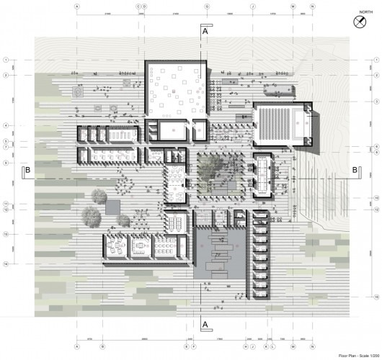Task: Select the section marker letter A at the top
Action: tap(205, 32)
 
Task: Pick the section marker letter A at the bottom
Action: tap(205, 325)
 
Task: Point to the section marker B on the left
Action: tap(27, 170)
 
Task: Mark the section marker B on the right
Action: tap(355, 170)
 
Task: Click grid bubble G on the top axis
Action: tap(207, 6)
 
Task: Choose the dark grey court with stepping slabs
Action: tap(219, 252)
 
